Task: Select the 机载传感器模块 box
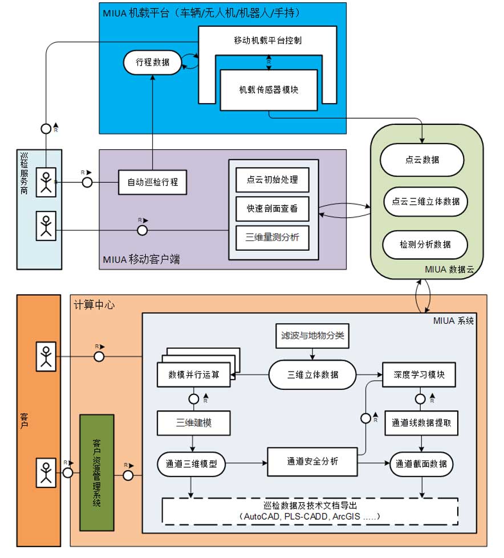[x=269, y=89]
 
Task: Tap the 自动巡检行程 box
[x=153, y=182]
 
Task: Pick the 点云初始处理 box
[x=272, y=180]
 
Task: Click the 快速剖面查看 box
[x=272, y=209]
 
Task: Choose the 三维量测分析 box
[x=272, y=238]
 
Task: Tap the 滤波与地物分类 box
[x=310, y=335]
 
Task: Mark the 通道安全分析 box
[x=312, y=461]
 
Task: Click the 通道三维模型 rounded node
[x=192, y=464]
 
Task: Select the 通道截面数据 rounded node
[x=422, y=464]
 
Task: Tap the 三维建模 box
[x=193, y=423]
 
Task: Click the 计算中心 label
[x=95, y=305]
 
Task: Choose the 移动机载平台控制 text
[x=268, y=41]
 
